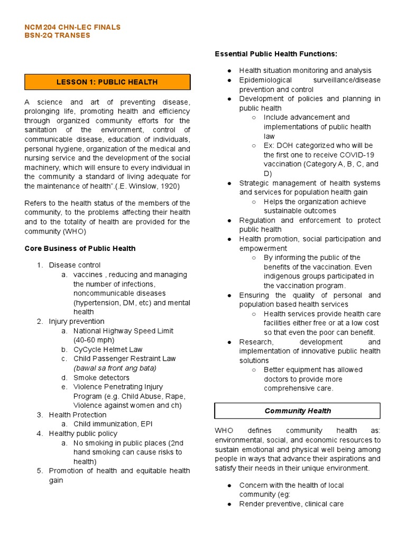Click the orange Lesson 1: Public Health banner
[x=107, y=82]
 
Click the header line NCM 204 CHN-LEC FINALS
[x=73, y=27]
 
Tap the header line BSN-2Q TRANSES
[x=58, y=35]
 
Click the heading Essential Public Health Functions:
[x=275, y=54]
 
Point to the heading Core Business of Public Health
[x=80, y=248]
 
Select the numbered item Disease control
[x=75, y=265]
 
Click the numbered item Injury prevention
[x=77, y=321]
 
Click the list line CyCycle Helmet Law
[x=108, y=350]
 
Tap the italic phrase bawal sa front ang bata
[x=115, y=368]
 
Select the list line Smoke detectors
[x=101, y=378]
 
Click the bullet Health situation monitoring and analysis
[x=305, y=70]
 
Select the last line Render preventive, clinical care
[x=291, y=504]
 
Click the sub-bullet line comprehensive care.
[x=298, y=388]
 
